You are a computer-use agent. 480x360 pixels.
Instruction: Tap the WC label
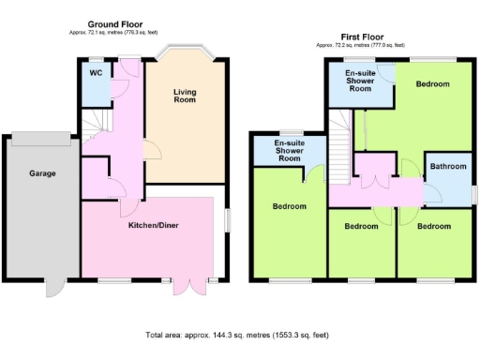click(96, 72)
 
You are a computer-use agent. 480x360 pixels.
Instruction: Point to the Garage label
click(42, 173)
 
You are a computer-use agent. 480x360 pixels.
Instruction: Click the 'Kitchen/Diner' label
click(155, 226)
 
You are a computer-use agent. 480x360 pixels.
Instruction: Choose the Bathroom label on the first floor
click(448, 167)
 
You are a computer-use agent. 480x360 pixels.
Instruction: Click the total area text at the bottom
click(239, 335)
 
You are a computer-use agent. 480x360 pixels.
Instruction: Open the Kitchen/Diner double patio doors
click(187, 287)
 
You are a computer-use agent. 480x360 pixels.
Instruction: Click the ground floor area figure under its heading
click(113, 33)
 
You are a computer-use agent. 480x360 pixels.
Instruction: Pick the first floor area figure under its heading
click(361, 44)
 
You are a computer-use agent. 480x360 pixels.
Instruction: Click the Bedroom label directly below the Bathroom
click(434, 227)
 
